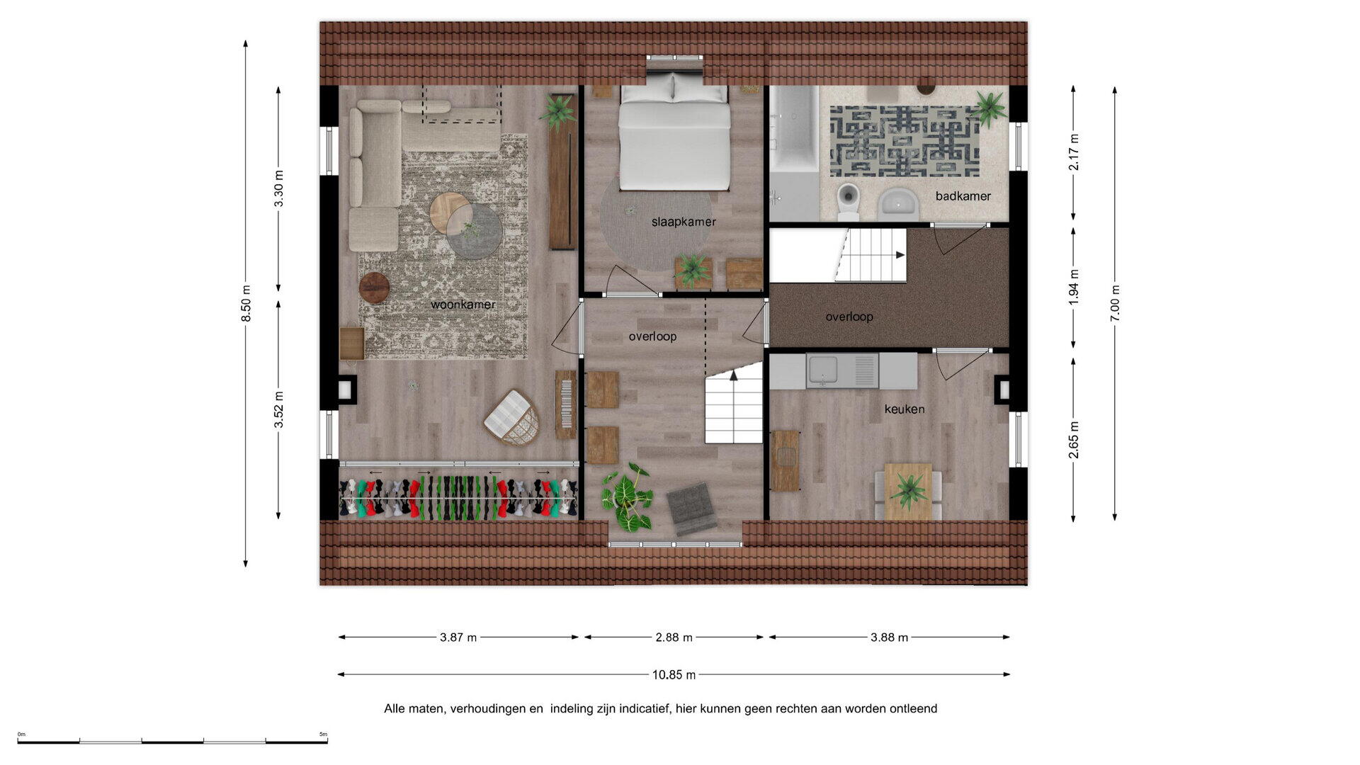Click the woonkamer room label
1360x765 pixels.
[x=463, y=305]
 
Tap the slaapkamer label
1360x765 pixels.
[x=684, y=222]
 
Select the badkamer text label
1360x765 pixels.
[x=963, y=196]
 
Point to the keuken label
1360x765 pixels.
[x=904, y=409]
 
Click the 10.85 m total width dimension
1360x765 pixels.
[x=674, y=675]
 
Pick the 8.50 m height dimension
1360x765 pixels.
[x=246, y=303]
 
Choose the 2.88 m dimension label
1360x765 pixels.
[x=674, y=637]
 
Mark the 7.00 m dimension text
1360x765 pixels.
[x=1115, y=303]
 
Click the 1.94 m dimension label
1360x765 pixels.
[x=1074, y=288]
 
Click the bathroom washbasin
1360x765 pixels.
[x=898, y=204]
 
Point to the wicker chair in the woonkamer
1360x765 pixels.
[x=511, y=417]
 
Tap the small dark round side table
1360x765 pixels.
[x=374, y=288]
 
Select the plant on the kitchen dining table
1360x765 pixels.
[x=909, y=489]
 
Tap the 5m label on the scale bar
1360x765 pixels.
[x=324, y=734]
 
